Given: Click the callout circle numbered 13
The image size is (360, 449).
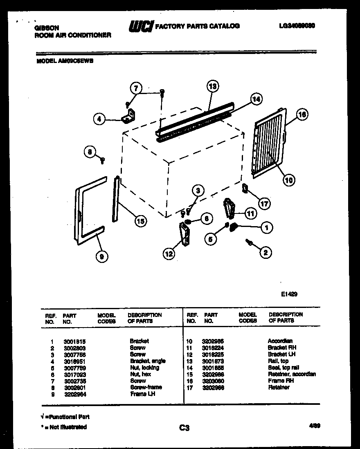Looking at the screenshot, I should coord(212,87).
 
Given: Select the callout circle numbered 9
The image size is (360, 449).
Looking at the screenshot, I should coord(101,256).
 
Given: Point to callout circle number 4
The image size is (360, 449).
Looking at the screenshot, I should coord(99,119).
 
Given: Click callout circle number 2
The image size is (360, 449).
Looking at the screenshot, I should coord(265,253).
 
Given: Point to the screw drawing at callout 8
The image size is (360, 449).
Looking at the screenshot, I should coord(103,160).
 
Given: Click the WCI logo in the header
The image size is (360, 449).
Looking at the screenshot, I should coord(141,26).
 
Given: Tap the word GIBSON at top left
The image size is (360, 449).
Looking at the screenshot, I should coord(46,28).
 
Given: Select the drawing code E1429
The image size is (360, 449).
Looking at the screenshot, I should coord(289,293).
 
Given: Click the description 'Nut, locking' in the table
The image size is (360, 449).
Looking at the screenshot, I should coord(144,368).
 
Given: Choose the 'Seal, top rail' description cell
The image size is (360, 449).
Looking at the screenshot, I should coord(283,368).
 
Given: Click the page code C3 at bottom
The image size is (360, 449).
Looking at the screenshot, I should coord(184,428).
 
